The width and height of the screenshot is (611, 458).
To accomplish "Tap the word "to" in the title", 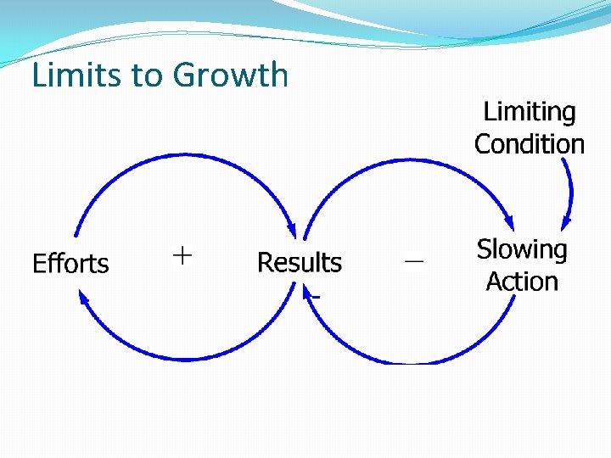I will (x=147, y=76).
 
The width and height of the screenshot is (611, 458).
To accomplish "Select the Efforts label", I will (x=70, y=264).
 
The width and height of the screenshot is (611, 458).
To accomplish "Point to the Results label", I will (x=299, y=263).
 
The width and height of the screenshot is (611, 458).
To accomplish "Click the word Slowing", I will (x=522, y=249).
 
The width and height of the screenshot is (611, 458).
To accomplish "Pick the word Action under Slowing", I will (x=522, y=282).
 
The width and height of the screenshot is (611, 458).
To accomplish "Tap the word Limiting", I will (x=529, y=112).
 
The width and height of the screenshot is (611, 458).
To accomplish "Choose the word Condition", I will (x=529, y=144).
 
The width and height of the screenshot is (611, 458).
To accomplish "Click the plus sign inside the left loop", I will (x=182, y=254).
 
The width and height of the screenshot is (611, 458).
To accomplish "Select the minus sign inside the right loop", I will (x=413, y=263).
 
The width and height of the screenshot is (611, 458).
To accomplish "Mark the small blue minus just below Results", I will (x=315, y=297).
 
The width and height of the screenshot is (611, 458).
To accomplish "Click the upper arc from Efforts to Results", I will (x=182, y=156).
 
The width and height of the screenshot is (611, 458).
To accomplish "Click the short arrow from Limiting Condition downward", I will (x=569, y=187).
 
